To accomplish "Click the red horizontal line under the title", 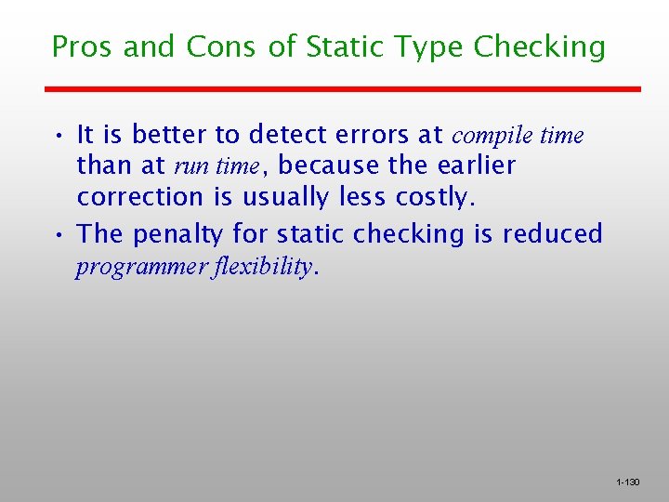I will [344, 89].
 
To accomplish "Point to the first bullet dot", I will [58, 136].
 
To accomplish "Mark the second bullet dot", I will [58, 234].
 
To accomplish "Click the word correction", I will [140, 197].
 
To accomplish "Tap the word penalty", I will [178, 234].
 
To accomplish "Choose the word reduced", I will [556, 234].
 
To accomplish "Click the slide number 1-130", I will [628, 482].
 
